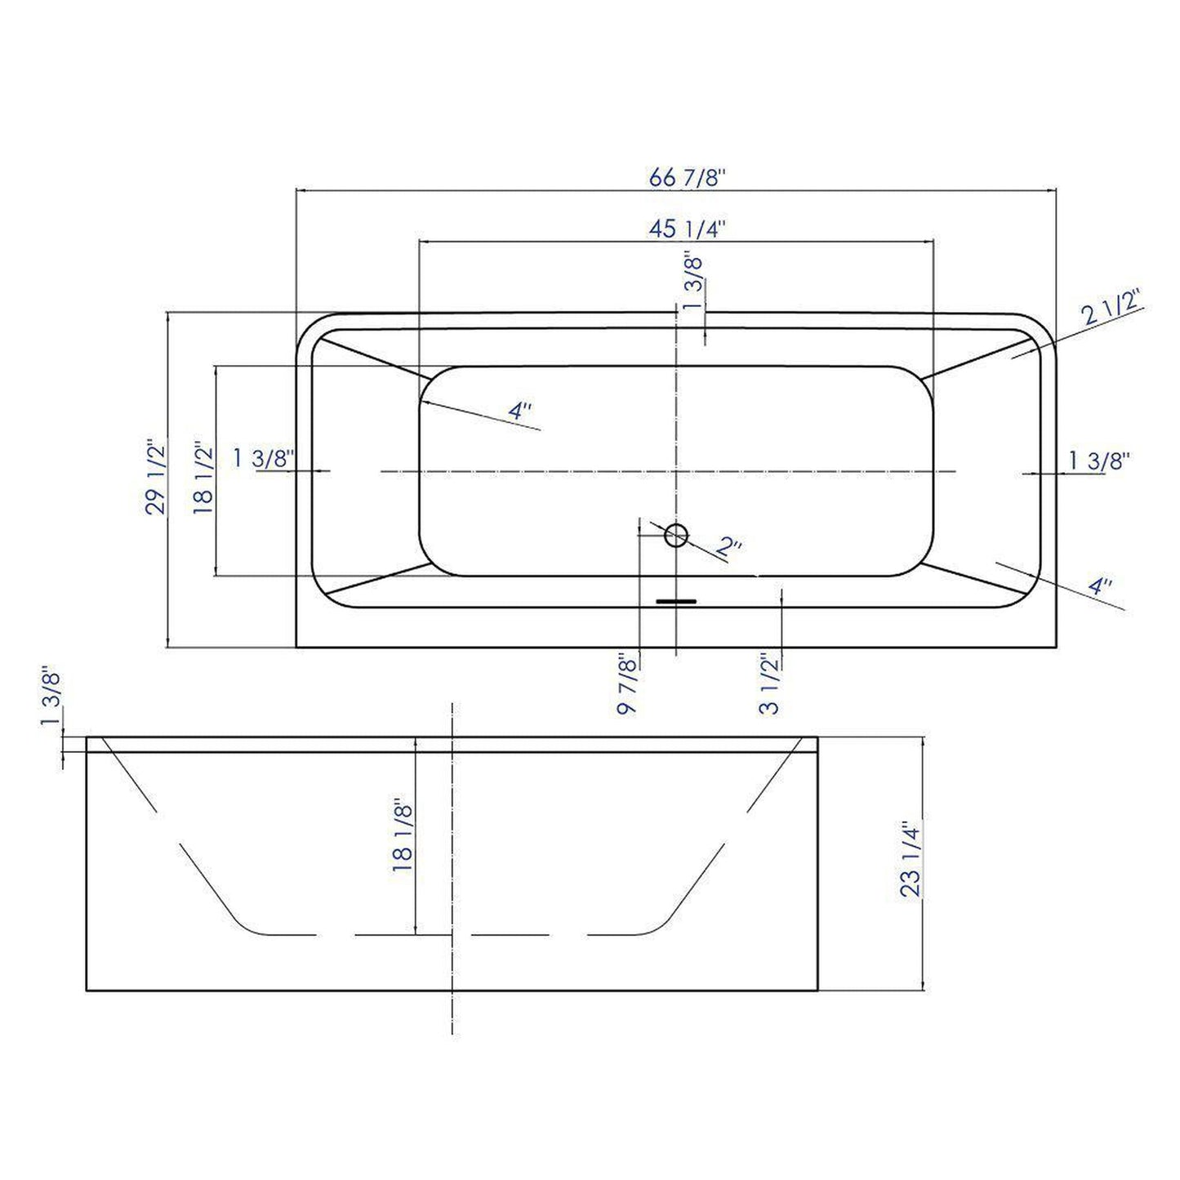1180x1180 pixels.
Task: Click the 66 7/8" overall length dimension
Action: [687, 178]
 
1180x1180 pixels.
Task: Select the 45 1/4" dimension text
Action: [687, 229]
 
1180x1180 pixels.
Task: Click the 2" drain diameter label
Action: [729, 546]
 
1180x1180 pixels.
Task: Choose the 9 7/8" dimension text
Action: [626, 683]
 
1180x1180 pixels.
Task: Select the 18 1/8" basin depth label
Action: [403, 835]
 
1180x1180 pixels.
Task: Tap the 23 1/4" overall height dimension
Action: [911, 859]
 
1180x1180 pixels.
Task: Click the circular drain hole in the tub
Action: [676, 535]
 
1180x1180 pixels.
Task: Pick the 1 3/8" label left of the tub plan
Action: [263, 459]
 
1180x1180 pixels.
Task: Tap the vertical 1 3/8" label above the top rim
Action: [692, 282]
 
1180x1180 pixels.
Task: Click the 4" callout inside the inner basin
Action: [521, 412]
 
